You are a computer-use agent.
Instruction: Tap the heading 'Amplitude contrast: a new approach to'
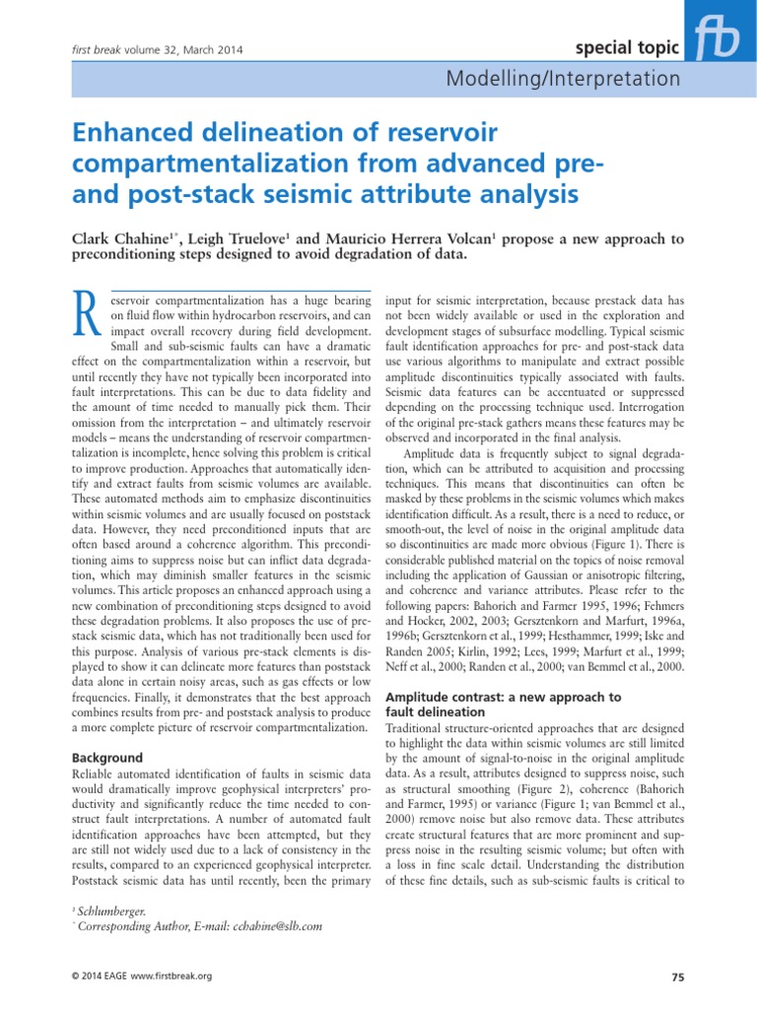point(503,697)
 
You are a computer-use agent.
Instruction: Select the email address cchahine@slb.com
point(277,926)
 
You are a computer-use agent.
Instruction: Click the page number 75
point(677,976)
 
